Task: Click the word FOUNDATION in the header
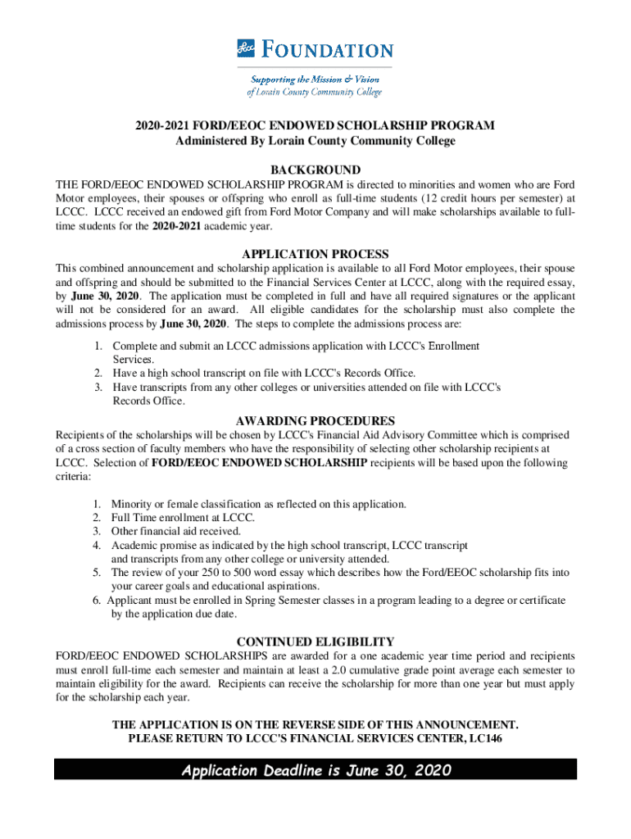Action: point(328,50)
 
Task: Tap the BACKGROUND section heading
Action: point(315,170)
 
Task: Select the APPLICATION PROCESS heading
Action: point(315,254)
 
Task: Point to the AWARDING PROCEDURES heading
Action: point(315,421)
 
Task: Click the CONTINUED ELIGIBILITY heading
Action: point(315,642)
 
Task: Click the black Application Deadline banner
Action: point(315,770)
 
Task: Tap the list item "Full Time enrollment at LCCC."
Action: point(183,518)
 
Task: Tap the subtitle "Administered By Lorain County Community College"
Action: point(315,140)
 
